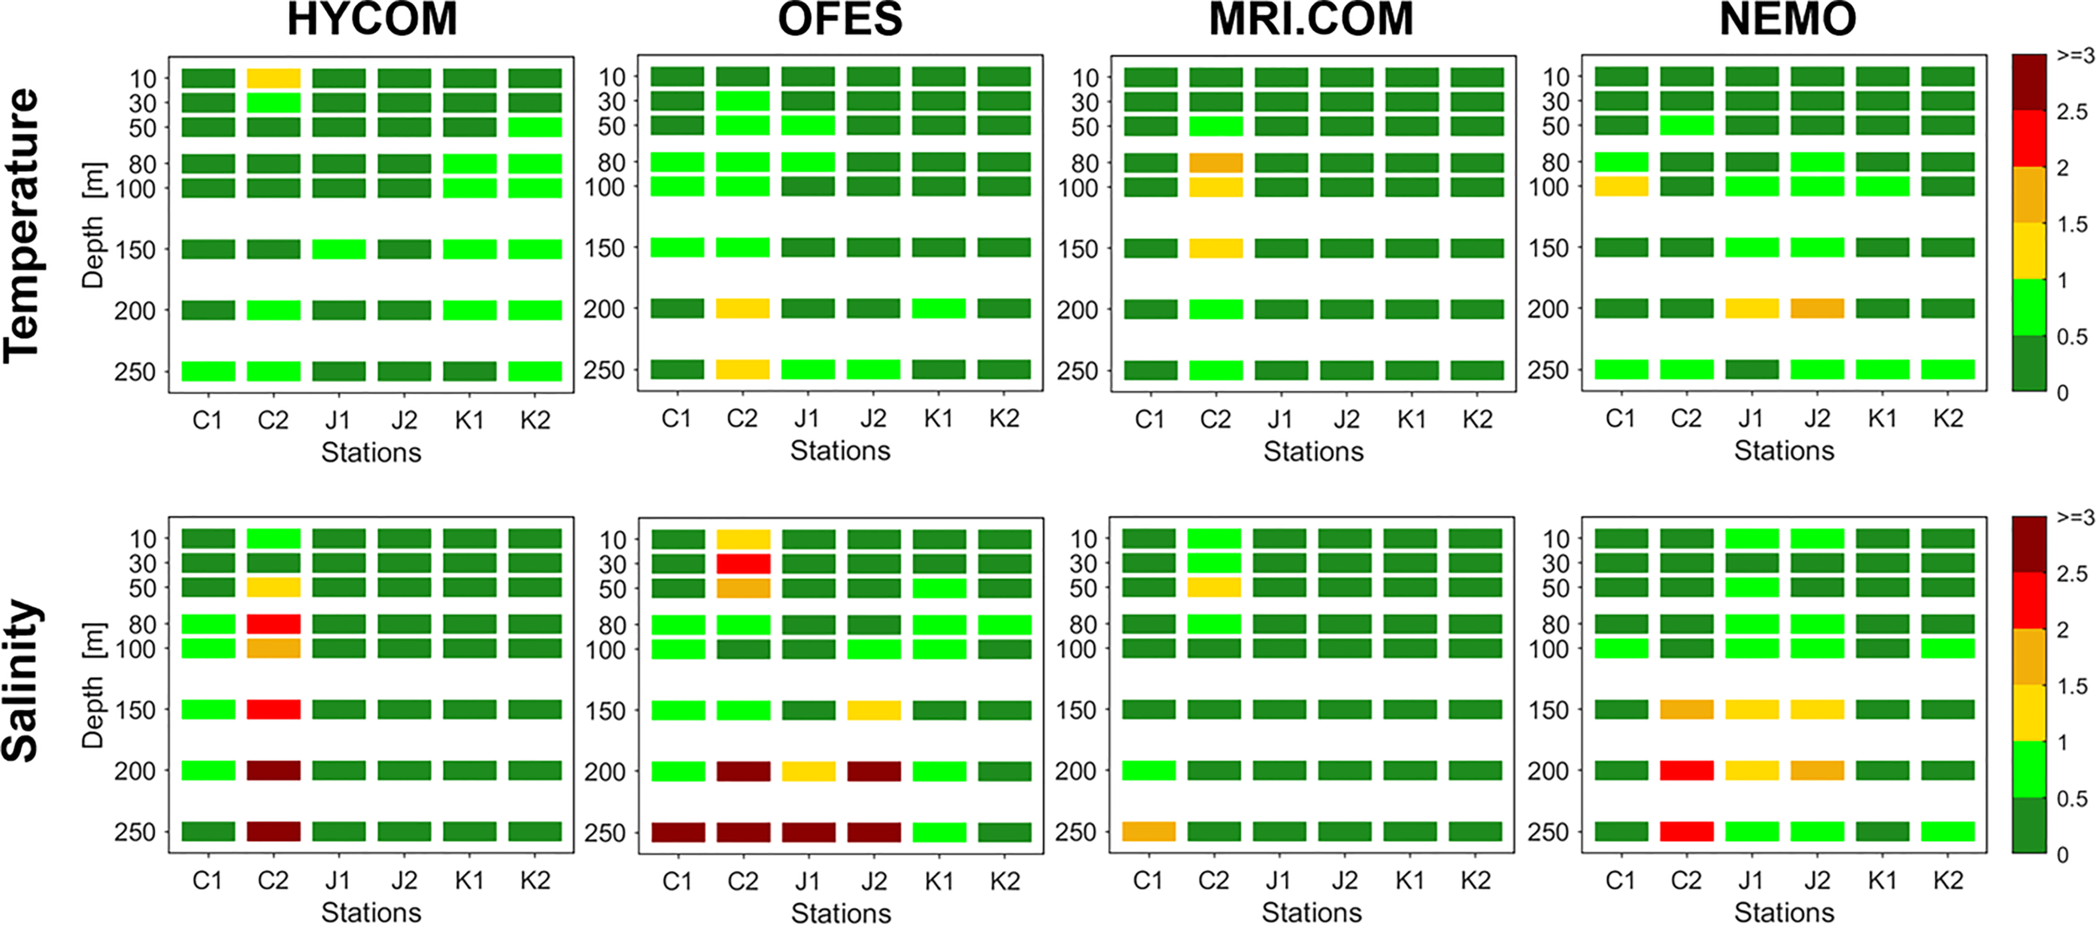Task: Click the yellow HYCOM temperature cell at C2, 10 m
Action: tap(273, 79)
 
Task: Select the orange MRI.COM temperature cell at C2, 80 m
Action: tap(1216, 163)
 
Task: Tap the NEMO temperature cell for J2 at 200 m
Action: tap(1817, 309)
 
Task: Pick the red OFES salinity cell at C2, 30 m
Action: tap(743, 564)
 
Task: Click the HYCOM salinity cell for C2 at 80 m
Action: tap(273, 624)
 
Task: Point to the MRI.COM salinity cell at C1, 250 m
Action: tap(1149, 832)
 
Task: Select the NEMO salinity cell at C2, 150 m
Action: tap(1686, 709)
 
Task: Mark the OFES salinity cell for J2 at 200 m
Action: tap(874, 772)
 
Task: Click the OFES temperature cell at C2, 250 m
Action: tap(743, 370)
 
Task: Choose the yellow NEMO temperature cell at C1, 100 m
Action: tap(1621, 186)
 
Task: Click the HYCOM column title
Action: tap(372, 20)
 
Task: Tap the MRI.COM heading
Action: tap(1311, 20)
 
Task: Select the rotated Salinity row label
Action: tap(22, 681)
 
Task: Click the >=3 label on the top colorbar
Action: tap(2075, 56)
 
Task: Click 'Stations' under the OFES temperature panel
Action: tap(840, 451)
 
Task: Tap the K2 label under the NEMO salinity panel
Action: tap(1948, 881)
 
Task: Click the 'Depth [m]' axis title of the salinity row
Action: tap(93, 685)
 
